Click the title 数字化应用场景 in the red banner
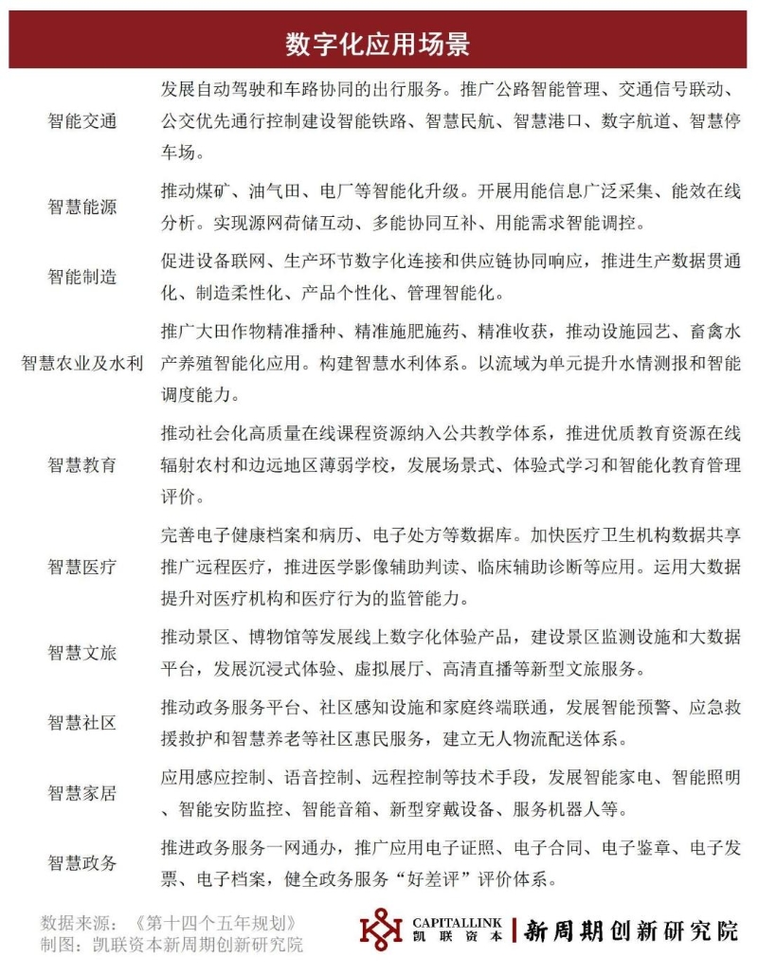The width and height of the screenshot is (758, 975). point(378,45)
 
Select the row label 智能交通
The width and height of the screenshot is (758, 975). point(82,121)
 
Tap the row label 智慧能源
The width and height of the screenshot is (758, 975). point(82,207)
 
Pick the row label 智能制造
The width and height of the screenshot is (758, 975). point(82,277)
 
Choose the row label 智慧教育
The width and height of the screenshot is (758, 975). point(82,464)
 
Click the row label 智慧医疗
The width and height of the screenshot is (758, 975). point(82,567)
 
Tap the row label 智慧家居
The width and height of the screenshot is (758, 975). point(82,793)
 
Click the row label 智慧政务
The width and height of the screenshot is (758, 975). point(82,863)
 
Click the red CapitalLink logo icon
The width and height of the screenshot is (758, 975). point(382,931)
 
